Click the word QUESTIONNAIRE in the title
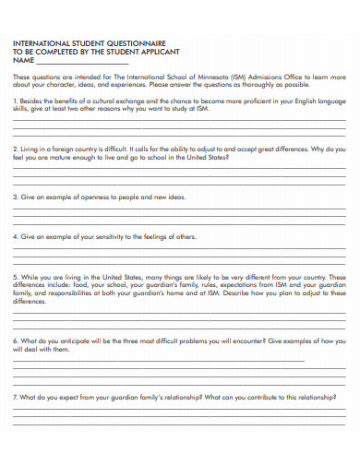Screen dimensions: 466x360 point(128,42)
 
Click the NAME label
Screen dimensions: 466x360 point(21,60)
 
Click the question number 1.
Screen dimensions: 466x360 point(14,100)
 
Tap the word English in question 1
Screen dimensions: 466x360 point(291,100)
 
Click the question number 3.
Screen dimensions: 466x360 point(14,197)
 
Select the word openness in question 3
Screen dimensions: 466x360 point(91,197)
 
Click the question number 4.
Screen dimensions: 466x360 point(14,236)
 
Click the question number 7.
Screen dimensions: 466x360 point(14,396)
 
